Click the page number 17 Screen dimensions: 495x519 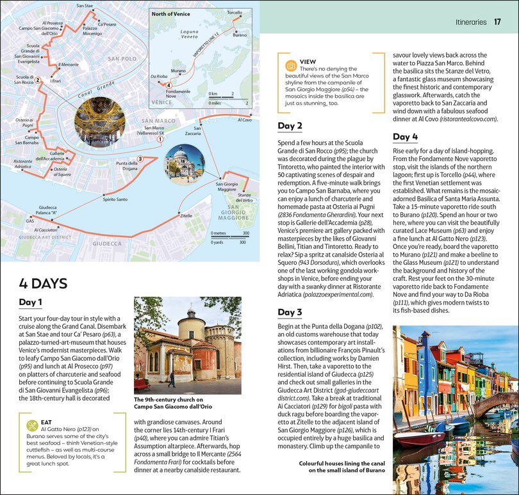point(498,21)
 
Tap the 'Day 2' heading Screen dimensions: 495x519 point(290,125)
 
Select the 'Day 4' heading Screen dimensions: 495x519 point(405,136)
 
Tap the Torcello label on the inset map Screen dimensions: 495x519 point(234,13)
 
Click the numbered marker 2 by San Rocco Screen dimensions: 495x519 point(38,81)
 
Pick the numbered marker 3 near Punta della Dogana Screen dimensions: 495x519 point(140,159)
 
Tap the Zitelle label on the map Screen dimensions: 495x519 point(186,216)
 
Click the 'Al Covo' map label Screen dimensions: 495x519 point(244,120)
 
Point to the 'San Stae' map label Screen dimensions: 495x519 point(84,6)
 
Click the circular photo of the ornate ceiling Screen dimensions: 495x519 point(99,118)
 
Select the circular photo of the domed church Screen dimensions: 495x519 point(184,164)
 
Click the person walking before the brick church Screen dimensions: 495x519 point(171,379)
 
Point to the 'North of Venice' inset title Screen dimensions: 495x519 point(172,13)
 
